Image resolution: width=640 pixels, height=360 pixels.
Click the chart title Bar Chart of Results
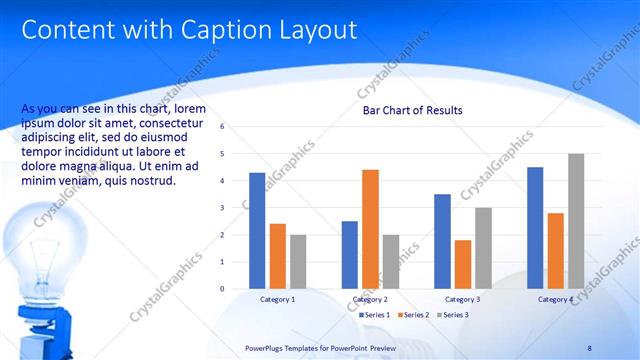click(412, 110)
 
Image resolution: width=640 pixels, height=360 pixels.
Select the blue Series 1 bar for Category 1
click(257, 231)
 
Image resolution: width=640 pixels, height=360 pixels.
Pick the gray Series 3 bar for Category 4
click(576, 221)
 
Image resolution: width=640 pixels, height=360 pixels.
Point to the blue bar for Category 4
click(535, 228)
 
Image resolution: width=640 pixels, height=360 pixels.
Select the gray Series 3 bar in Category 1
click(298, 262)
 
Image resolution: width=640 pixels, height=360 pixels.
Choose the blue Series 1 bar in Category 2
click(350, 255)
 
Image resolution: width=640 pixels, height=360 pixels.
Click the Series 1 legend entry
click(375, 315)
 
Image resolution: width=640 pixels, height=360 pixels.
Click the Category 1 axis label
click(277, 299)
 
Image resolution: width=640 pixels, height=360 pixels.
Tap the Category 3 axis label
click(462, 299)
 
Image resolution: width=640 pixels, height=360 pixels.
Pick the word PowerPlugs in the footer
click(264, 348)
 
